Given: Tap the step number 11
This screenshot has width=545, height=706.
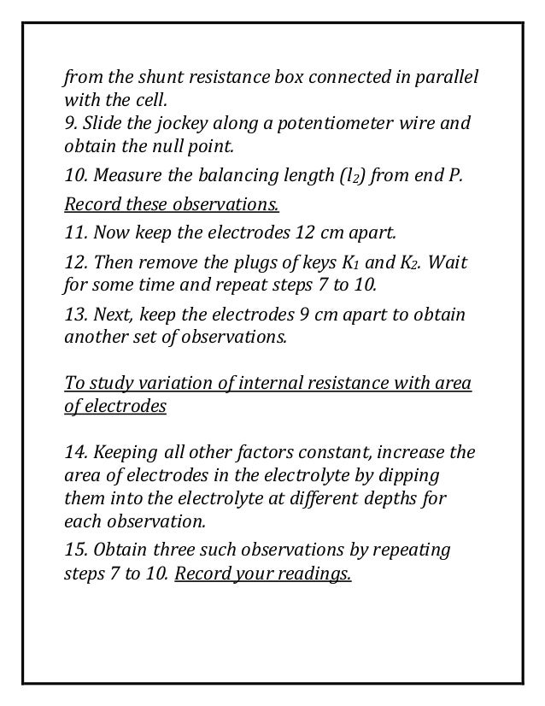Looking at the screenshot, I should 75,232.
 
